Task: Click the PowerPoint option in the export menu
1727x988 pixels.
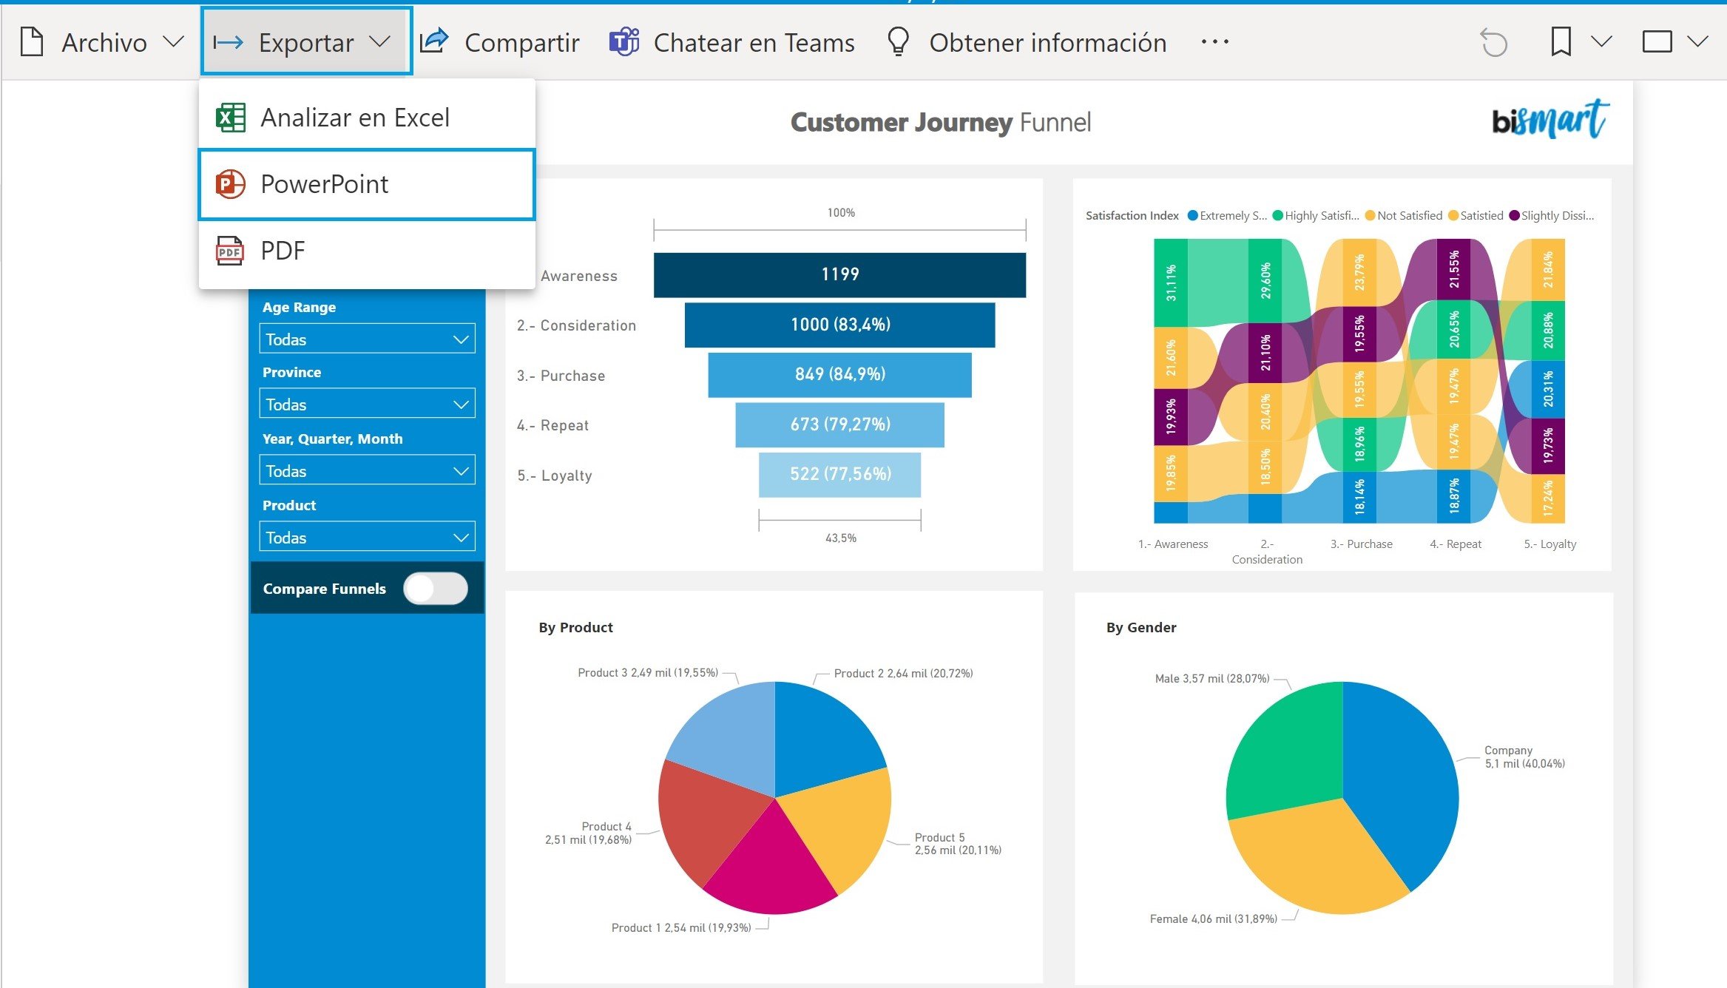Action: [x=366, y=184]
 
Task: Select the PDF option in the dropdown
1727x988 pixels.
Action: [x=366, y=251]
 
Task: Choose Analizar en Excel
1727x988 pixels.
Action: [x=366, y=118]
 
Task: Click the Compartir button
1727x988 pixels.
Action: [x=500, y=42]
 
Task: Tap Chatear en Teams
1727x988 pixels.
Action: [x=732, y=42]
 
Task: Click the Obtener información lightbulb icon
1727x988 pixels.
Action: [x=898, y=41]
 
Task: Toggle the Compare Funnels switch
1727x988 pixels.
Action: [x=436, y=589]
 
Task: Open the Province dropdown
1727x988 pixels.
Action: [x=367, y=405]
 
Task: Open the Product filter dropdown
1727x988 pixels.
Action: [x=367, y=538]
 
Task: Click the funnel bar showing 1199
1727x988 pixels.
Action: [x=839, y=274]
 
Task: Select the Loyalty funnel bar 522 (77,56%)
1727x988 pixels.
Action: [x=839, y=474]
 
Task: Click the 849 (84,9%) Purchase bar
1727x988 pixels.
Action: [x=839, y=374]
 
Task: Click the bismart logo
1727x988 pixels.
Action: [x=1549, y=120]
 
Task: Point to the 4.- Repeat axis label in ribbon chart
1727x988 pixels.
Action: [x=1455, y=544]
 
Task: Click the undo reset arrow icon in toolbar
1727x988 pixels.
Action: [x=1493, y=42]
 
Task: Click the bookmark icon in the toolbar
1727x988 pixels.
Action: [x=1561, y=41]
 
